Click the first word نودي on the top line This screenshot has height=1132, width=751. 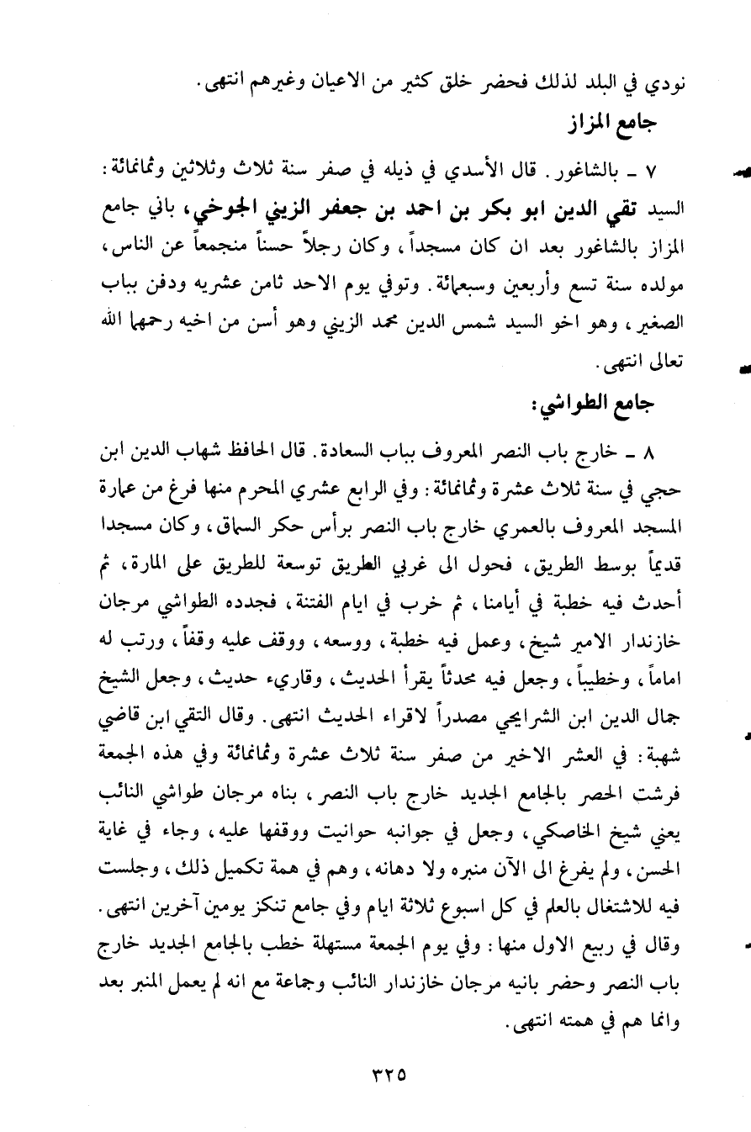(664, 84)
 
